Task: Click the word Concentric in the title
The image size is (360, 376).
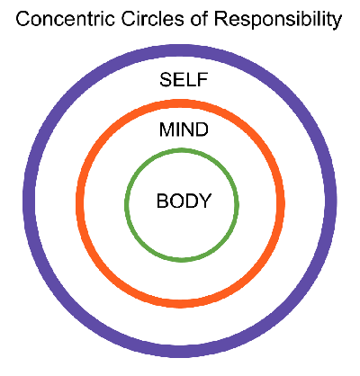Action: coord(65,19)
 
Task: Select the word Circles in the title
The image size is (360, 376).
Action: coord(152,19)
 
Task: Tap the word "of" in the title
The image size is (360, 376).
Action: coord(199,19)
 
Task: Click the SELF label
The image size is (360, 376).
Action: coord(184,80)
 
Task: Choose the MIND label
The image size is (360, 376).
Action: coord(184,130)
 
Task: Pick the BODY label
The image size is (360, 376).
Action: coord(184,201)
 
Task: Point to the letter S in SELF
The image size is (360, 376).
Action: coord(166,80)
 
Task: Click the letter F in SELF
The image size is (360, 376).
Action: coord(202,80)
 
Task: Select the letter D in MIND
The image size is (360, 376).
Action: coord(202,130)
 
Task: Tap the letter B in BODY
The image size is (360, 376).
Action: coord(162,201)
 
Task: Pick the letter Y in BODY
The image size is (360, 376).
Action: coord(205,201)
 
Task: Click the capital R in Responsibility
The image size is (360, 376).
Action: coord(220,19)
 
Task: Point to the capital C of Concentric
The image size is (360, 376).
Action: coord(22,19)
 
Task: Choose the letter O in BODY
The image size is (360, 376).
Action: coord(176,201)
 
